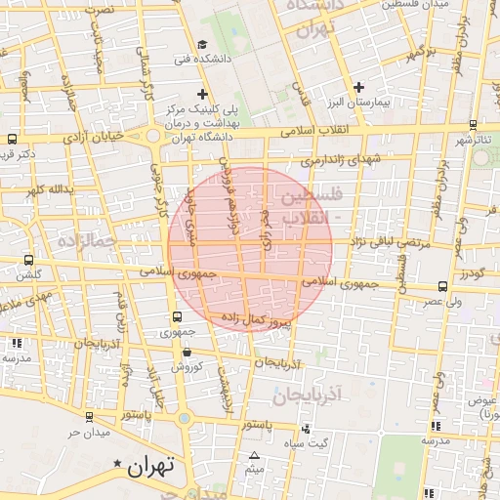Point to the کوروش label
click(x=187, y=367)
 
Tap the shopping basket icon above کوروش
click(x=187, y=352)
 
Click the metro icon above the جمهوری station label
click(x=177, y=316)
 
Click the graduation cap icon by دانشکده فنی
click(x=202, y=44)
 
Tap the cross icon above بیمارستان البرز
click(x=359, y=88)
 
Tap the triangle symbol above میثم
click(x=255, y=456)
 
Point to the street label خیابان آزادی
click(x=95, y=139)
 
